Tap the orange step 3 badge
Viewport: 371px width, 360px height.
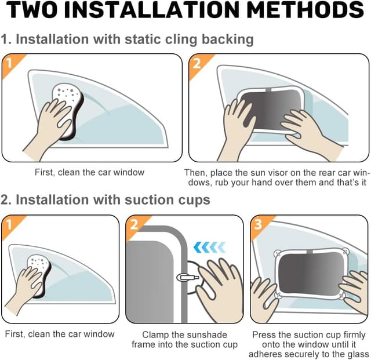258,224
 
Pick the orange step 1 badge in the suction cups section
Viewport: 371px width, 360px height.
9,224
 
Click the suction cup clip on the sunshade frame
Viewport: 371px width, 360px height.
186,278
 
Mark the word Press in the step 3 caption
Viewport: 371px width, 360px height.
263,334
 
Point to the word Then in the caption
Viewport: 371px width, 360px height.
194,172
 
